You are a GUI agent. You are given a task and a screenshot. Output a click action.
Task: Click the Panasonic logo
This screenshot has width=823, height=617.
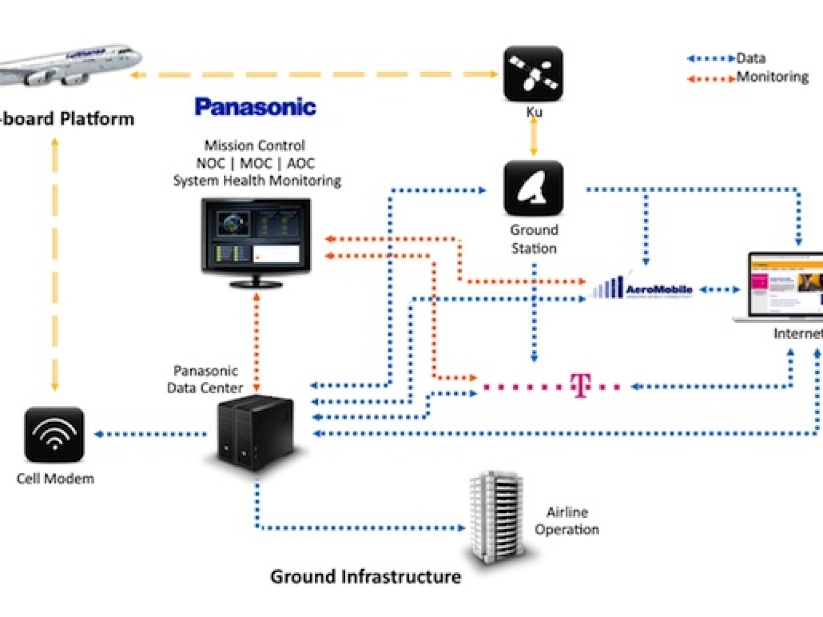click(x=255, y=107)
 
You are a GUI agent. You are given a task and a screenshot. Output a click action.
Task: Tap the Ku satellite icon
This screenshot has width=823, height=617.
click(x=533, y=74)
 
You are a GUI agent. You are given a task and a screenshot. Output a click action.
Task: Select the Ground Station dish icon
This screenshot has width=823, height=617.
click(x=533, y=188)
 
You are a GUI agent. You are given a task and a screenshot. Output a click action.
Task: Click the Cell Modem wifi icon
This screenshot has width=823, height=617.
click(x=54, y=434)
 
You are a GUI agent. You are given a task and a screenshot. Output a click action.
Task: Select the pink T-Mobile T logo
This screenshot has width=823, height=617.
click(x=580, y=386)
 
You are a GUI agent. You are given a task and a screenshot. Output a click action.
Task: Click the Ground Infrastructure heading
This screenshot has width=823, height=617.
click(x=365, y=576)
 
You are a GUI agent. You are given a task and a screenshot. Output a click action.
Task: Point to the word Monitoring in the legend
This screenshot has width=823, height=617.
click(x=772, y=77)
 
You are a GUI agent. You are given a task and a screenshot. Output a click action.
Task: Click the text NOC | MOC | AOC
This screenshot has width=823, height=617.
click(x=255, y=163)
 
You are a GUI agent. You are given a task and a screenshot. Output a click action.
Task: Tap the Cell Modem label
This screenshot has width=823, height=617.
click(x=56, y=479)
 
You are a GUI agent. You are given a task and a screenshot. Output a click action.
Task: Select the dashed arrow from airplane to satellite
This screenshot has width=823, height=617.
click(x=314, y=75)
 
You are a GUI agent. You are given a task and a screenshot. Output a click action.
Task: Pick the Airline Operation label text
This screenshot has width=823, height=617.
click(x=567, y=521)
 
